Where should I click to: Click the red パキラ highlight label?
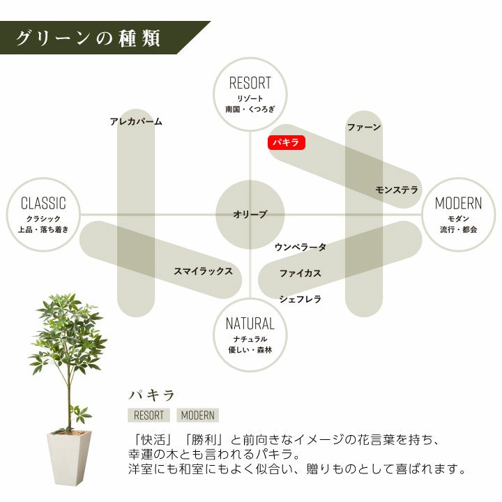[286, 142]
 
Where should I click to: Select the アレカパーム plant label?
[136, 121]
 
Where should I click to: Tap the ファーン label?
[364, 128]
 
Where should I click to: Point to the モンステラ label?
[397, 190]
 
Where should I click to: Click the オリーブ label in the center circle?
[250, 215]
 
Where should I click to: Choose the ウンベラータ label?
[301, 247]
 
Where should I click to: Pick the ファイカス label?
[301, 273]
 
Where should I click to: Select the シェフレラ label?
[301, 299]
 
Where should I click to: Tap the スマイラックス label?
[203, 271]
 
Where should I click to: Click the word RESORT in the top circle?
[250, 84]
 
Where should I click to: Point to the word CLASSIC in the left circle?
[43, 204]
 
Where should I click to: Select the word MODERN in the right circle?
[458, 204]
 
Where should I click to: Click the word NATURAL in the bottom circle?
[250, 324]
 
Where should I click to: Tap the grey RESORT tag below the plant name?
[149, 415]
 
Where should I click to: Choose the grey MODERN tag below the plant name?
[197, 415]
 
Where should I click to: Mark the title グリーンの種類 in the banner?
[88, 38]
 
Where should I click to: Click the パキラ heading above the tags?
[151, 395]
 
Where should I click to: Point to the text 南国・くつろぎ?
[250, 109]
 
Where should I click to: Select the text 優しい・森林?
[250, 349]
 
